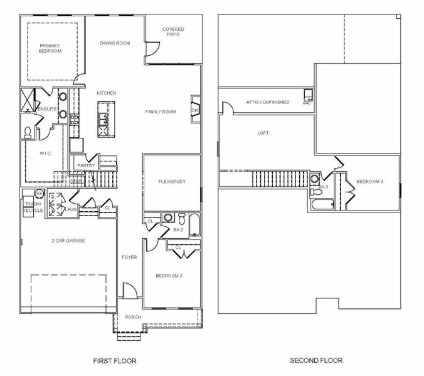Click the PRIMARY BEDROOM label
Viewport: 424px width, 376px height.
[50, 48]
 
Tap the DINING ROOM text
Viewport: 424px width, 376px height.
[115, 43]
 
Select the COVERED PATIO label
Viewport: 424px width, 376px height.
[173, 32]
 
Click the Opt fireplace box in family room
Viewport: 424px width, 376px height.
[195, 110]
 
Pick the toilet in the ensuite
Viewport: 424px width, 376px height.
[28, 132]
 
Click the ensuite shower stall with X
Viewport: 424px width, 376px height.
[28, 100]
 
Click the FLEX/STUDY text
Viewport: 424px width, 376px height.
[172, 182]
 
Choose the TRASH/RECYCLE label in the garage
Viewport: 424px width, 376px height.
[33, 207]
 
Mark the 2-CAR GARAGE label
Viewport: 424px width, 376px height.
[68, 241]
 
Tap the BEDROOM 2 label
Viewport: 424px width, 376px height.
[169, 276]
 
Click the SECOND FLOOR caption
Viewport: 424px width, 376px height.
[316, 360]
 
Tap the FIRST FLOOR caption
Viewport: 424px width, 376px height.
[114, 361]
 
